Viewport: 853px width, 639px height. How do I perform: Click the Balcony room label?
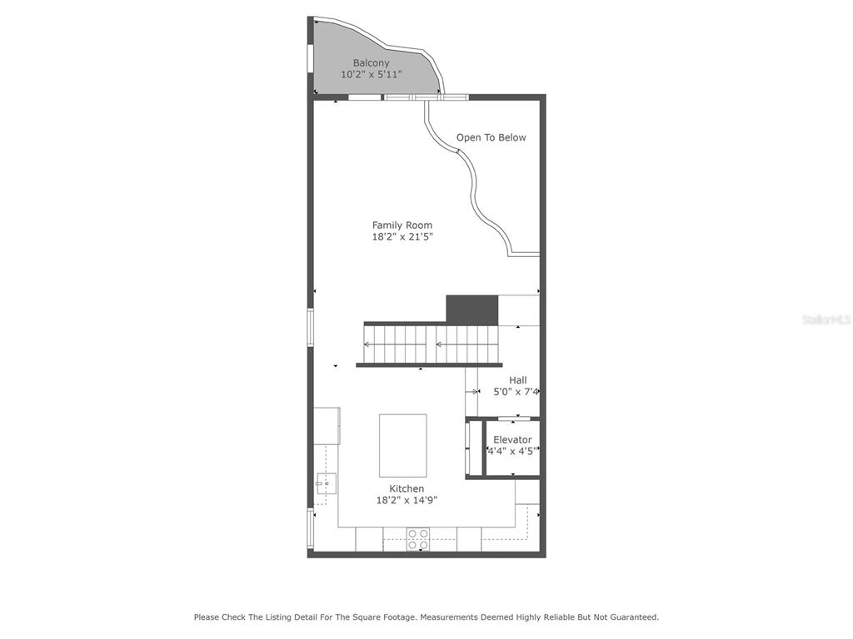pos(371,63)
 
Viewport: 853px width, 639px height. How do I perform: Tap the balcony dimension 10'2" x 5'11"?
pos(371,74)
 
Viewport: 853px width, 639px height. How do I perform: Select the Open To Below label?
pos(491,137)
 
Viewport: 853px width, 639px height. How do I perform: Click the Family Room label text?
pos(402,225)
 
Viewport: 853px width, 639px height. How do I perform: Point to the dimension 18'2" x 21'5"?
pos(402,236)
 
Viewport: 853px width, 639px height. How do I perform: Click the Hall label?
pos(518,380)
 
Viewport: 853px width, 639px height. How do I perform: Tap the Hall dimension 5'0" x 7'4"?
pos(516,392)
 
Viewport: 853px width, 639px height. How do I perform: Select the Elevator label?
pos(512,439)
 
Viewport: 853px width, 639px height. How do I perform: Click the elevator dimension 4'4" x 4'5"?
pos(512,451)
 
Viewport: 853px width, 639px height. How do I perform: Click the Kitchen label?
pos(407,488)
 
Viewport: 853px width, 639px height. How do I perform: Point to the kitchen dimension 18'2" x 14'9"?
pos(407,500)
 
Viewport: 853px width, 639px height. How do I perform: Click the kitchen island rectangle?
pos(402,446)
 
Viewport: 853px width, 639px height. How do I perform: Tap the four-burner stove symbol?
pos(418,539)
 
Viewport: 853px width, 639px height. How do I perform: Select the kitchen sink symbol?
pos(326,483)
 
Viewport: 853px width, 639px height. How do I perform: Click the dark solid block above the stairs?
pos(472,310)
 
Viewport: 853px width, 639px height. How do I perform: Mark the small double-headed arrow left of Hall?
pos(471,391)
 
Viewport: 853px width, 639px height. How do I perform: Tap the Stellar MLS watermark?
pos(826,320)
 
